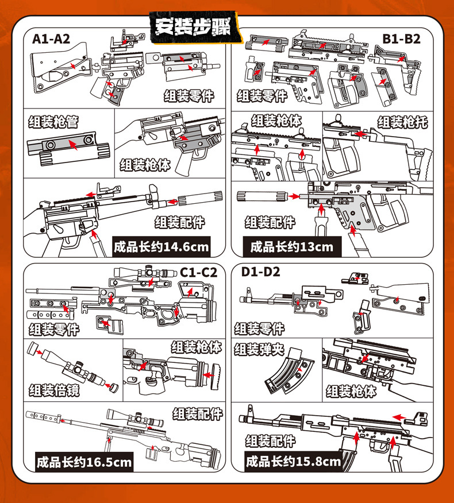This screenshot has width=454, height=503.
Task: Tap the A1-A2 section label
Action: [51, 39]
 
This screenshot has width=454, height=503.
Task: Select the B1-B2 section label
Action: [401, 39]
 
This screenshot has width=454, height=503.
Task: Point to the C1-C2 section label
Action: [198, 272]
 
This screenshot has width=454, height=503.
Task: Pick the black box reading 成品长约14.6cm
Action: [161, 247]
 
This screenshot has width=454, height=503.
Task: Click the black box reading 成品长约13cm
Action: [291, 247]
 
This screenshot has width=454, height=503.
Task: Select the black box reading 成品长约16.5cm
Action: [84, 461]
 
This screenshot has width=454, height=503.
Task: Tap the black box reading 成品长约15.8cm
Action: [293, 461]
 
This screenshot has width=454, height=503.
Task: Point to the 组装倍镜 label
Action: [54, 391]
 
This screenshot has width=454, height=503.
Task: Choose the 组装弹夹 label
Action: [259, 349]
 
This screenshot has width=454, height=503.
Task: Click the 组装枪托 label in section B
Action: [402, 122]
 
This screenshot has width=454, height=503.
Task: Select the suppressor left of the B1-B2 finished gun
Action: [262, 195]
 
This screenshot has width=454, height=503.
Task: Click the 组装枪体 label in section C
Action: [196, 347]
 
